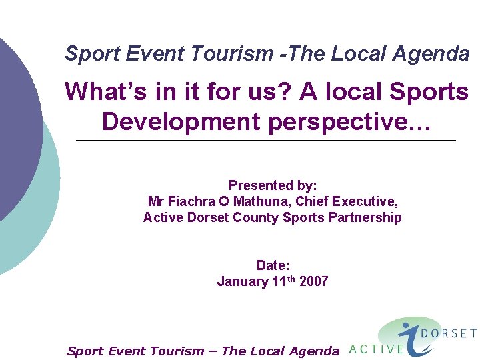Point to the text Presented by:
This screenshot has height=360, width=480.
tap(273, 185)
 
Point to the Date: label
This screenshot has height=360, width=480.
tap(273, 265)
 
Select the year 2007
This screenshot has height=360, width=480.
tap(313, 281)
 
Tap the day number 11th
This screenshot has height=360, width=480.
tap(283, 281)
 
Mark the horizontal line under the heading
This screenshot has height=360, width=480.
tap(267, 141)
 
